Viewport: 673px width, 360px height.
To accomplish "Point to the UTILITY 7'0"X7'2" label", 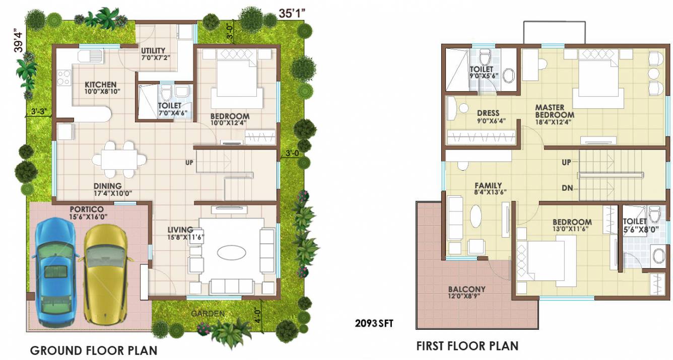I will [x=153, y=54].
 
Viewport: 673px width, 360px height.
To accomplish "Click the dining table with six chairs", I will [x=119, y=159].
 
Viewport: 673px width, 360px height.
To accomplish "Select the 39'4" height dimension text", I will [x=19, y=40].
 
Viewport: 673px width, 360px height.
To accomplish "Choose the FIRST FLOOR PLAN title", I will [x=467, y=346].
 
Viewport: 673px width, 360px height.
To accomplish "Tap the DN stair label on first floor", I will [x=566, y=188].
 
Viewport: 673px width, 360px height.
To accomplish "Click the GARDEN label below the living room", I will [x=208, y=314].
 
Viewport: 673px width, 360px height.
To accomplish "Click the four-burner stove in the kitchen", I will [x=64, y=78].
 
